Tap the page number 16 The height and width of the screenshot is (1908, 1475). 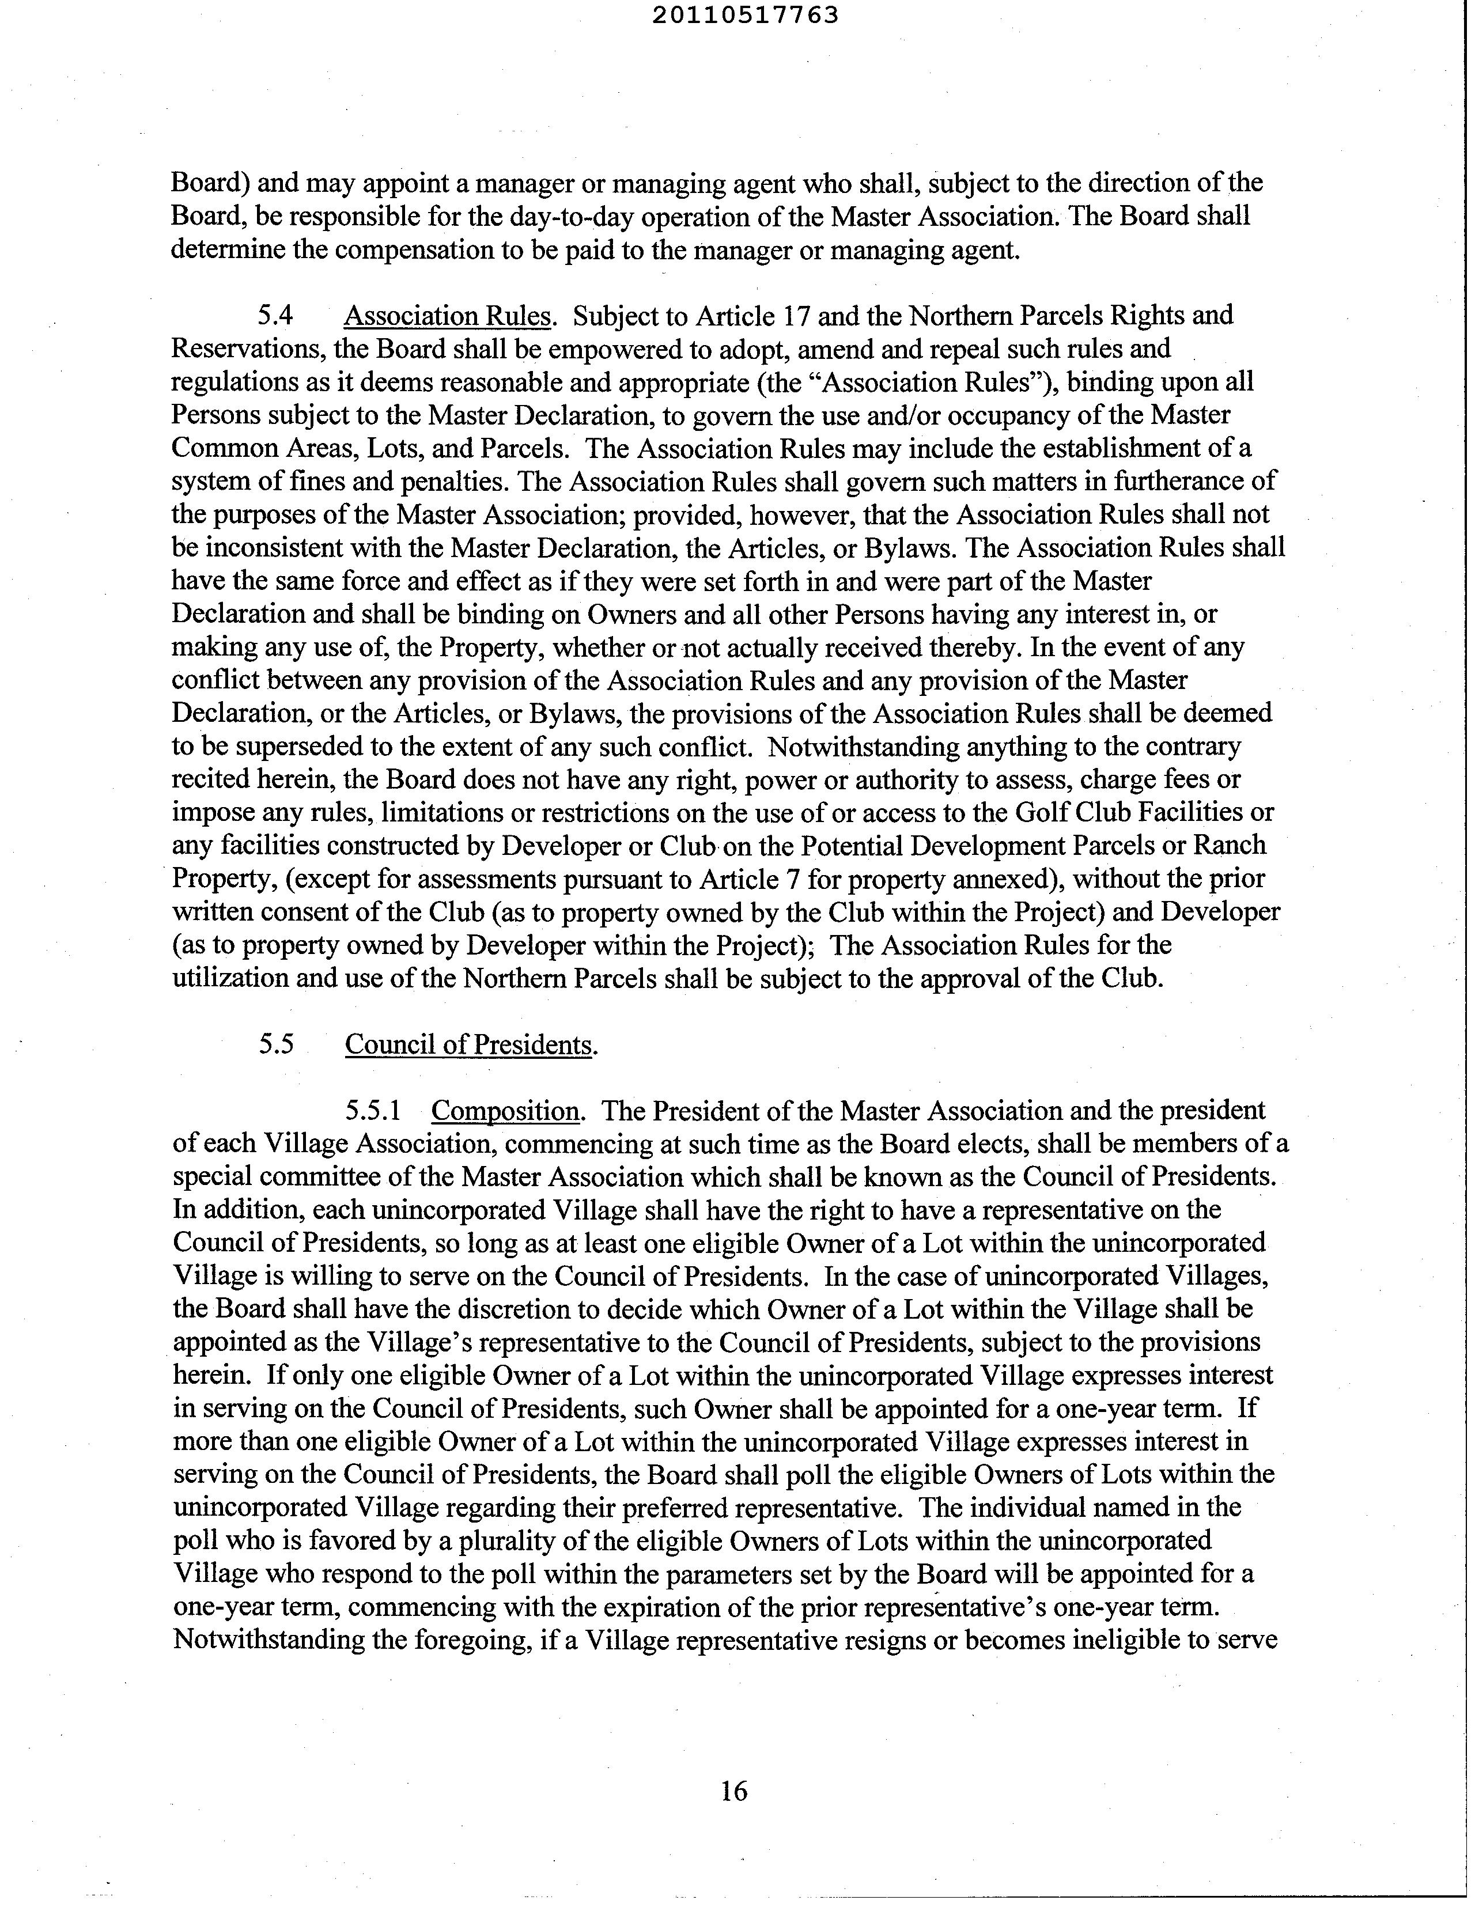coord(734,1791)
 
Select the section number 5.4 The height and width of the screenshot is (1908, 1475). coord(275,315)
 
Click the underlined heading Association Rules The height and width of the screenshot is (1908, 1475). coord(447,315)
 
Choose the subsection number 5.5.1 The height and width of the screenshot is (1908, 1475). coord(373,1110)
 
